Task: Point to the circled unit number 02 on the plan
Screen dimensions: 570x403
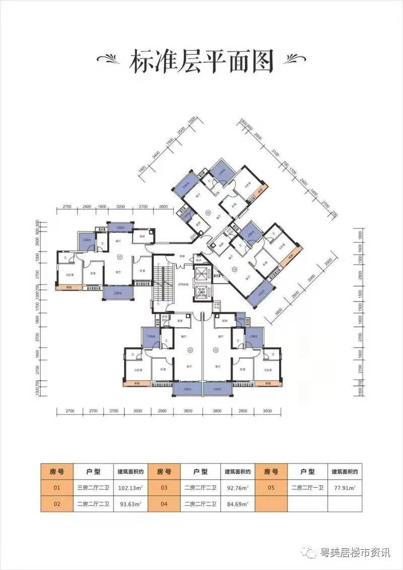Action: pos(190,349)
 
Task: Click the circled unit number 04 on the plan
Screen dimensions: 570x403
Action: pos(235,268)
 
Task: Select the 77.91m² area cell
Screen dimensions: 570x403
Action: pos(345,488)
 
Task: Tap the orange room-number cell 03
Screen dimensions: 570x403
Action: pos(164,488)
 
